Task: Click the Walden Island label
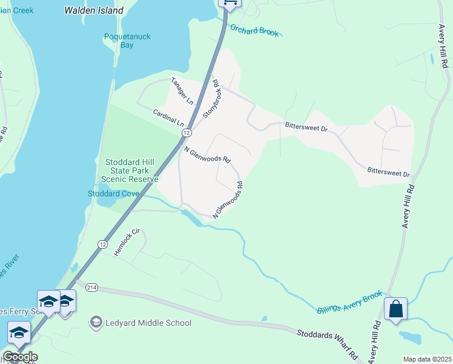tap(94, 10)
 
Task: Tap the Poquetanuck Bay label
tap(127, 41)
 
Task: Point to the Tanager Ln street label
tap(182, 91)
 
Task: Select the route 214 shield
tap(91, 287)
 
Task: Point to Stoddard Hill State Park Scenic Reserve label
tap(131, 170)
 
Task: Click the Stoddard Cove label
tap(114, 194)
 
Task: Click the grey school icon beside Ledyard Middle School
tap(96, 323)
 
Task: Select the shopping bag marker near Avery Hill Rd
tap(395, 309)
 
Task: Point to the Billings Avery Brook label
tap(350, 302)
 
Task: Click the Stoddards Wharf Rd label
tap(327, 343)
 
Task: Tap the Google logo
tap(19, 357)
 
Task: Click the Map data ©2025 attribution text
tap(427, 359)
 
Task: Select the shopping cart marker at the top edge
tap(230, 2)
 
